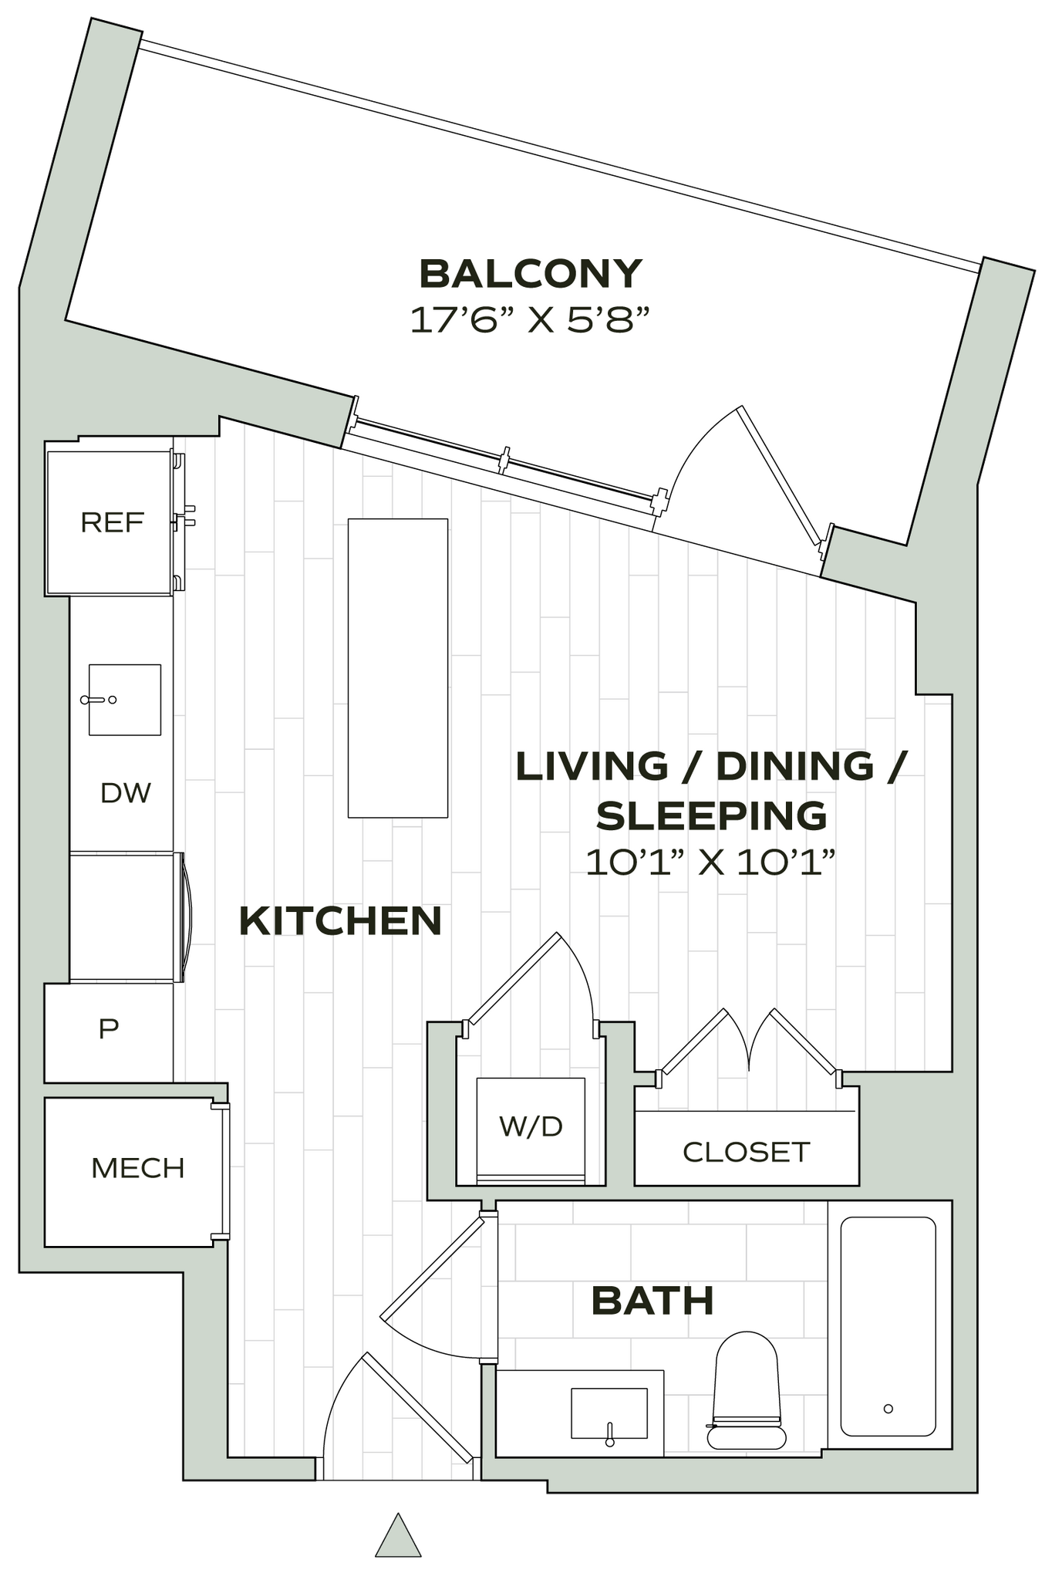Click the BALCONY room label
point(530,274)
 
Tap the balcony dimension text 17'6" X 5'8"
point(530,319)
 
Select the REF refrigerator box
point(110,523)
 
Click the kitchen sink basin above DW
point(124,700)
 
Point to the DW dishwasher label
point(126,793)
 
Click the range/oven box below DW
point(123,917)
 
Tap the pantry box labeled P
point(109,1028)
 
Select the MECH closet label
point(137,1169)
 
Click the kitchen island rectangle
point(397,668)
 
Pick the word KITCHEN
point(340,921)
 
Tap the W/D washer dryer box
point(531,1127)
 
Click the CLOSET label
point(746,1153)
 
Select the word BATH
point(652,1301)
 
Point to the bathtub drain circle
point(888,1409)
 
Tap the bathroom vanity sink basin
point(609,1413)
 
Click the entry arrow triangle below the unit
point(398,1535)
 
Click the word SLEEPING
point(711,816)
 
